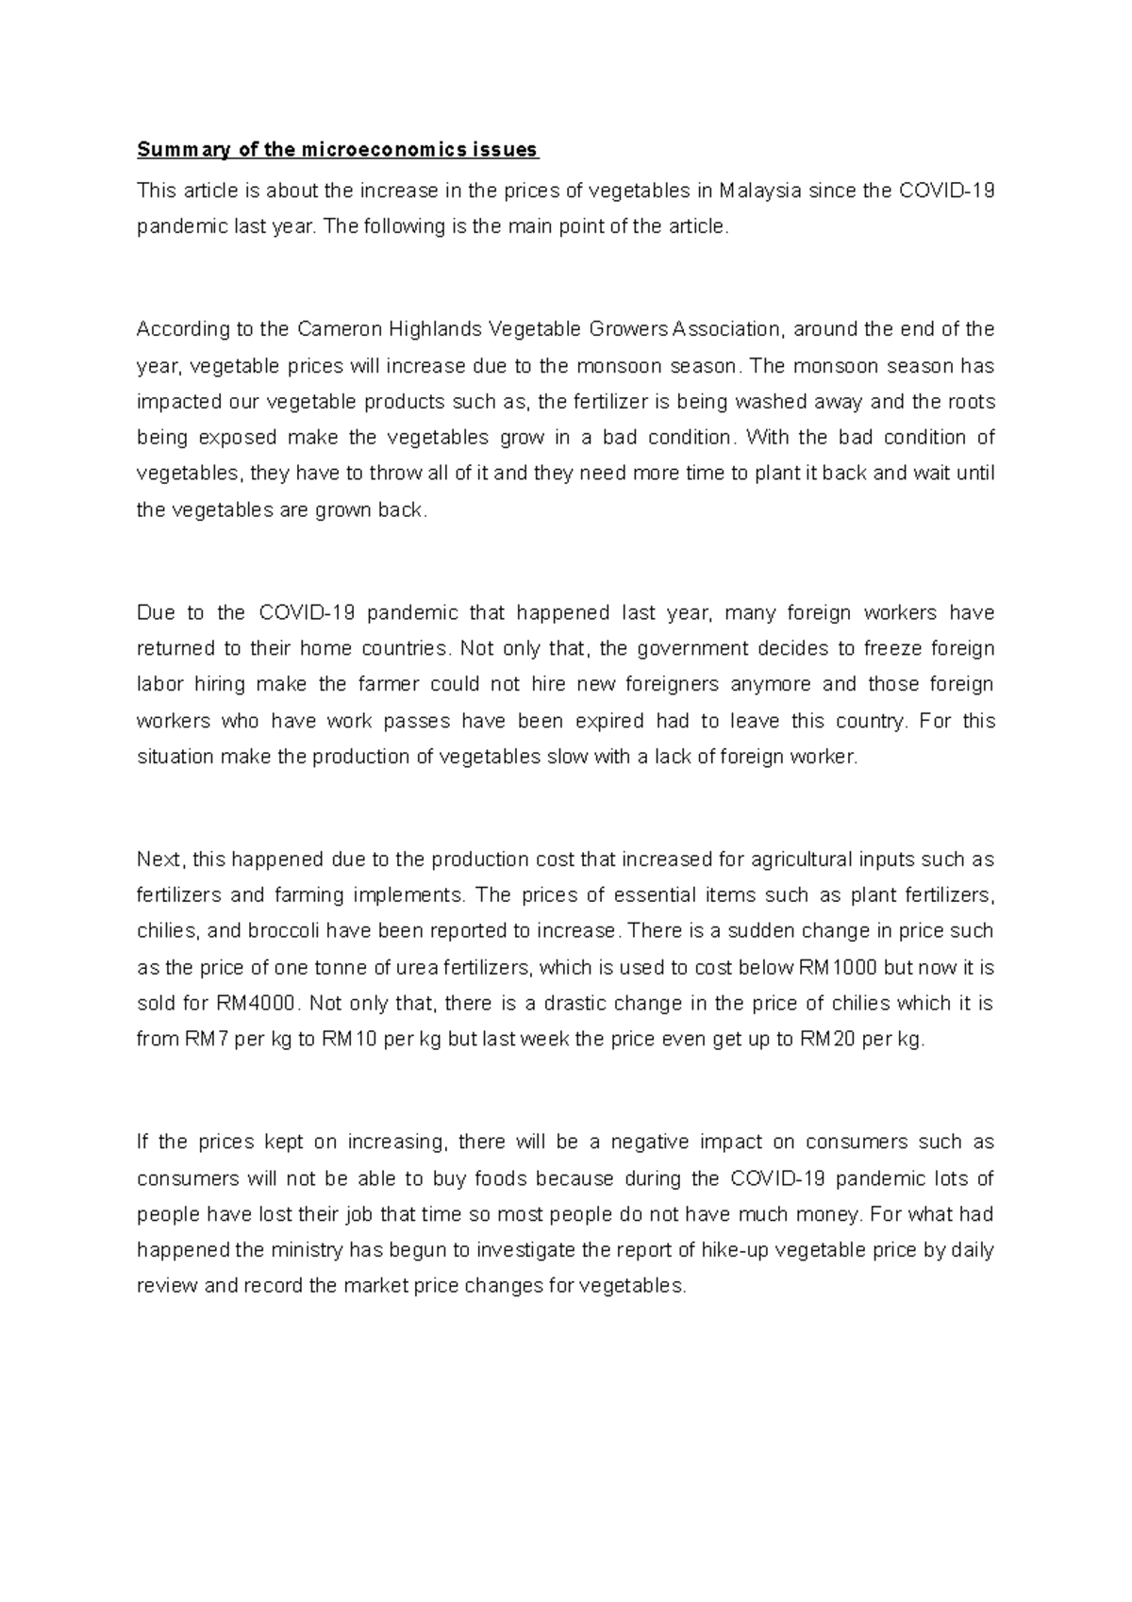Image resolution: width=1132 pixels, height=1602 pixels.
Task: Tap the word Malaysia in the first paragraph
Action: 761,192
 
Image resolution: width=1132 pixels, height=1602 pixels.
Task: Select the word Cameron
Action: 336,329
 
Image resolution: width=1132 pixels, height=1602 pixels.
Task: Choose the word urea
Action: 421,968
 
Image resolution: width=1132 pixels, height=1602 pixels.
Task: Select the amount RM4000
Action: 258,1004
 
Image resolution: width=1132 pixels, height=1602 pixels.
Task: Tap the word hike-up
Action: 735,1251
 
